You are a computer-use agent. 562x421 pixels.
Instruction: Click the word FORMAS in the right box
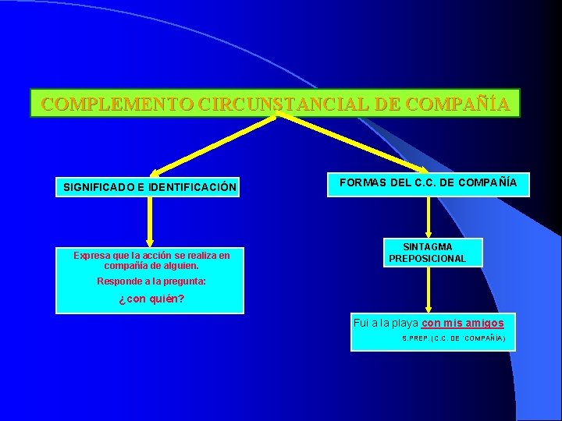(364, 183)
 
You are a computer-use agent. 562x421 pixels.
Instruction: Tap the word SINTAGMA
(427, 247)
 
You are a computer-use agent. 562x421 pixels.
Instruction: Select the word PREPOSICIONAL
(427, 258)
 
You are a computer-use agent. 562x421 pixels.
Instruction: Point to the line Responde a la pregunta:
(151, 281)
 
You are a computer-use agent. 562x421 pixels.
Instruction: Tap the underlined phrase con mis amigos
(463, 322)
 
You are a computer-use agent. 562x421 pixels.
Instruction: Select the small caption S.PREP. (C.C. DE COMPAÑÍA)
(453, 338)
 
